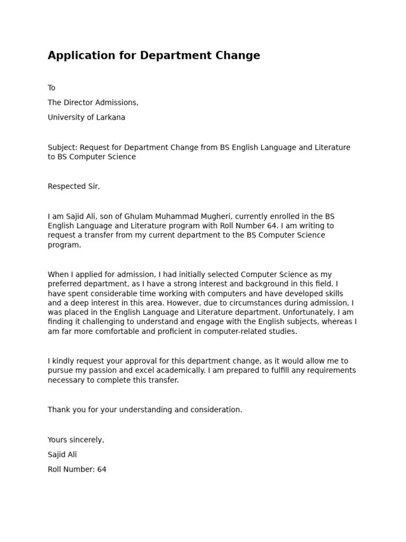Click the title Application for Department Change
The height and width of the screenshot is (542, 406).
click(x=154, y=56)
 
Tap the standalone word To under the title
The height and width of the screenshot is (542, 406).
click(x=52, y=88)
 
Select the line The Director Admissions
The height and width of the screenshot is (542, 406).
click(x=93, y=103)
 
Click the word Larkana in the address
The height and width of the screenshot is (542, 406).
click(x=110, y=118)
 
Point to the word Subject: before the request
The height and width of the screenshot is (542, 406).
click(x=62, y=148)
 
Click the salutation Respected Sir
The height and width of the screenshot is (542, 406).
click(x=73, y=186)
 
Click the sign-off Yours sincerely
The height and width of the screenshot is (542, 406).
click(x=76, y=440)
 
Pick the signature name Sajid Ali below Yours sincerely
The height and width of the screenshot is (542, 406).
click(x=62, y=455)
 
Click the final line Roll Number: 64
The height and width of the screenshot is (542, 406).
click(x=77, y=469)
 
